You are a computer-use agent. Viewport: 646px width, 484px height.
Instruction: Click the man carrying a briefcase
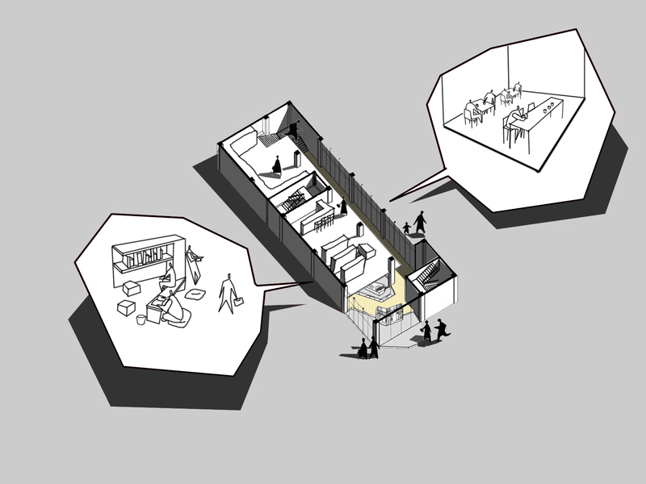(x=228, y=293)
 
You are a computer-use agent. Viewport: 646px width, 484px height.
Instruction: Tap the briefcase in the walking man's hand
(x=238, y=304)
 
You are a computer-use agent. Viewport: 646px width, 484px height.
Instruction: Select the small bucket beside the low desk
(x=141, y=319)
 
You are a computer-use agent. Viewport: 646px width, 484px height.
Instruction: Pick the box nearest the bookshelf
(x=132, y=288)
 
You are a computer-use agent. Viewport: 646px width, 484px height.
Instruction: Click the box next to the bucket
(x=126, y=307)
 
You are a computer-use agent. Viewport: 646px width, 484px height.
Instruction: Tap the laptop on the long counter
(x=531, y=107)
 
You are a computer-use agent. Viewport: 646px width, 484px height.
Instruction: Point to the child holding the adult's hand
(x=406, y=228)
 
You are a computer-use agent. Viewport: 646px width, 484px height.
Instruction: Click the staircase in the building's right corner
(x=429, y=276)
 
